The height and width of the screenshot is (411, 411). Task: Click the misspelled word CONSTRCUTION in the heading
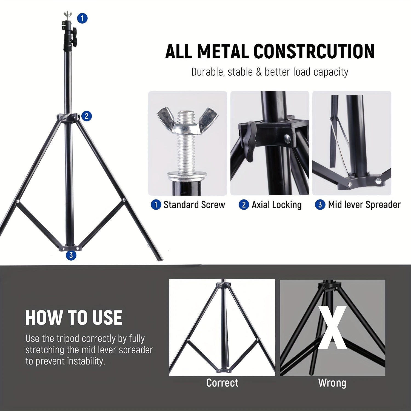(x=314, y=51)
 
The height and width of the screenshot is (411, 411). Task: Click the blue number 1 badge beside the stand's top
(x=82, y=18)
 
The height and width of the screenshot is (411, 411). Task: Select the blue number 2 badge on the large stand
(x=87, y=116)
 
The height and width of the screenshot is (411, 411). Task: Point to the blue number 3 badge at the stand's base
(x=71, y=255)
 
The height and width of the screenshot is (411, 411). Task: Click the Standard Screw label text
(x=194, y=205)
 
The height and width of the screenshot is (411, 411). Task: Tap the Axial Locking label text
(x=276, y=205)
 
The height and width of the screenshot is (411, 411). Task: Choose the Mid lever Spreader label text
(x=364, y=205)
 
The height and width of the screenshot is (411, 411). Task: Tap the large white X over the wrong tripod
(x=332, y=328)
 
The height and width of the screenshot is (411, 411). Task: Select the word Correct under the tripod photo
(x=222, y=383)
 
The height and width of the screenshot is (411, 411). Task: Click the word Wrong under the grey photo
(x=332, y=383)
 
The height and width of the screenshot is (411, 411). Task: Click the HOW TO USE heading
(x=74, y=318)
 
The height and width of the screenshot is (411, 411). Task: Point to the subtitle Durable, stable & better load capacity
(x=270, y=72)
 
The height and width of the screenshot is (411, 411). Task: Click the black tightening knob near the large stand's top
(x=74, y=38)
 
